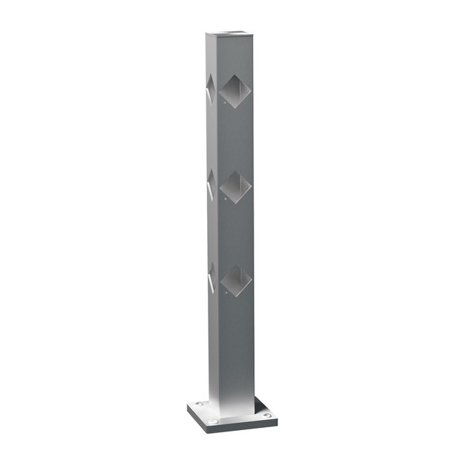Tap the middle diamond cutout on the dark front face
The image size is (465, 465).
pos(236,187)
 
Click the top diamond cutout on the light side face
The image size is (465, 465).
pos(210,89)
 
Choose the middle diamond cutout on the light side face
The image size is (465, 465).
pos(211,185)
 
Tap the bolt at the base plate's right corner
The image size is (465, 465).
pos(267,416)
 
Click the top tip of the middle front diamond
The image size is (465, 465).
pos(235,171)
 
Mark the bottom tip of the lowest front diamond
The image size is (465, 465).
pos(236,297)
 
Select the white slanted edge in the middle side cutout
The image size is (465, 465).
pos(210,190)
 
